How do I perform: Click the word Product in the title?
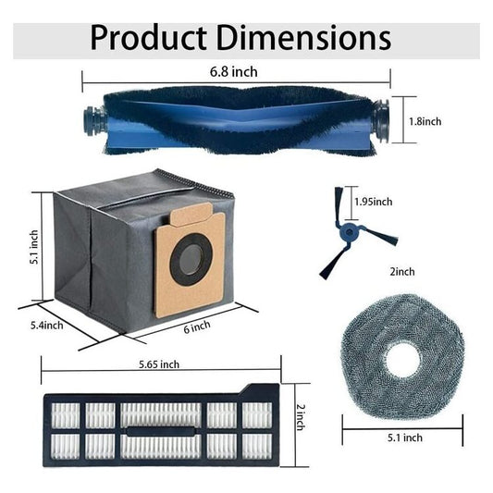pos(148,38)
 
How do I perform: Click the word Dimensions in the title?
pos(303,38)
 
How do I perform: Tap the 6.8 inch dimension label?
pos(234,72)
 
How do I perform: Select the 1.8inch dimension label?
pos(425,121)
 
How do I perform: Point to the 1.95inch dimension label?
pos(374,202)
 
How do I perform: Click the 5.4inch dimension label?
pos(46,325)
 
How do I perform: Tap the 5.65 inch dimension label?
pos(159,364)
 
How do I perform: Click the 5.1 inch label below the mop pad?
pos(405,438)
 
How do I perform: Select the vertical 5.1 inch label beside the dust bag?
pos(34,247)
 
